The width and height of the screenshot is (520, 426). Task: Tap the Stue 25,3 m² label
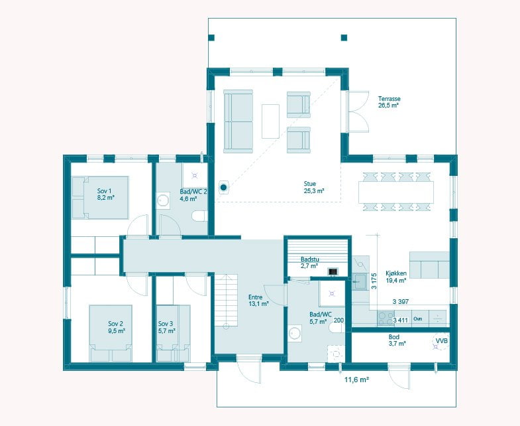pyautogui.click(x=314, y=187)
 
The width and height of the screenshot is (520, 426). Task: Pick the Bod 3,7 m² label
pyautogui.click(x=397, y=340)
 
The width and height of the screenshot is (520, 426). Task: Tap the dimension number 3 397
pyautogui.click(x=401, y=302)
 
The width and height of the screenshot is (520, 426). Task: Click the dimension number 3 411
pyautogui.click(x=400, y=320)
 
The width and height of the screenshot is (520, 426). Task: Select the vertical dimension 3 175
pyautogui.click(x=374, y=281)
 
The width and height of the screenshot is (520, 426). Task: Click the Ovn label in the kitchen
pyautogui.click(x=418, y=319)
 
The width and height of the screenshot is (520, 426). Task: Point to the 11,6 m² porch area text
pyautogui.click(x=357, y=380)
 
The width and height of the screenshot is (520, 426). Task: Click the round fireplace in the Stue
pyautogui.click(x=223, y=187)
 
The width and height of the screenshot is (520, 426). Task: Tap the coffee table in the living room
pyautogui.click(x=270, y=121)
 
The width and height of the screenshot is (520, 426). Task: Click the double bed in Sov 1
pyautogui.click(x=100, y=198)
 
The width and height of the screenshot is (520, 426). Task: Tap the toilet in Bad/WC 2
pyautogui.click(x=199, y=216)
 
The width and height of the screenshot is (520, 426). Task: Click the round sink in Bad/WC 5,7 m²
pyautogui.click(x=294, y=333)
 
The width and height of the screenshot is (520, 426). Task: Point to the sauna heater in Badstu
pyautogui.click(x=333, y=271)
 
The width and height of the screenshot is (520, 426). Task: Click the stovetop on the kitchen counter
pyautogui.click(x=386, y=318)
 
